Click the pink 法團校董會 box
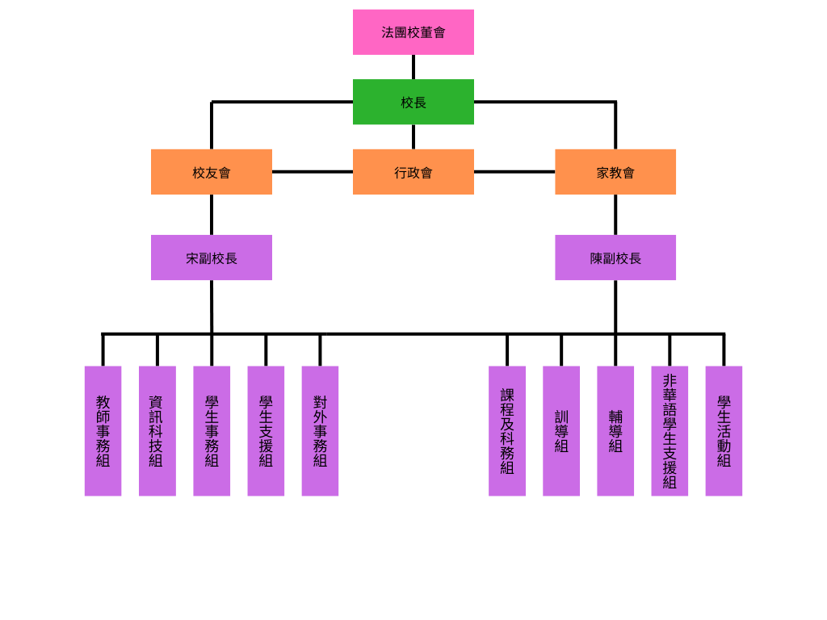413,32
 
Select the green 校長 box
413,102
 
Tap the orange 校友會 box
212,172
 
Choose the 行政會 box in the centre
413,172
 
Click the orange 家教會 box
615,172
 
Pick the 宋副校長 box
212,258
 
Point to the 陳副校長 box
615,258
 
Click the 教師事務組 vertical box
103,431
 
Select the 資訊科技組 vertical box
157,431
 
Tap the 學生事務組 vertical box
212,431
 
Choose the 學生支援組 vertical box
266,431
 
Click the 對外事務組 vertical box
320,431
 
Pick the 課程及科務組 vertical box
507,431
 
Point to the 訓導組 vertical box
561,431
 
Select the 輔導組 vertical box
615,431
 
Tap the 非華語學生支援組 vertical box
670,431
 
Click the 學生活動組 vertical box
724,431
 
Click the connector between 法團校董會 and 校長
413,67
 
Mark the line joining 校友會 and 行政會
313,172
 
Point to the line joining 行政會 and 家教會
514,172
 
